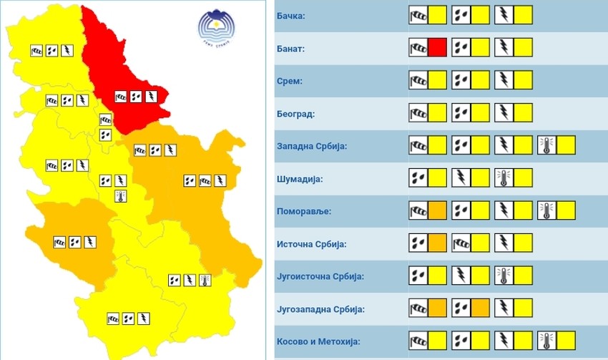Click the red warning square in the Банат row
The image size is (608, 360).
pos(438,48)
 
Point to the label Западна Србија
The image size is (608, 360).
pos(312,147)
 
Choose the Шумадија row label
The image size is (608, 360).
pos(300,179)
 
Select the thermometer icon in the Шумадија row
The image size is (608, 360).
pos(504,178)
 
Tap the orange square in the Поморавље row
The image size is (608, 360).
pos(438,211)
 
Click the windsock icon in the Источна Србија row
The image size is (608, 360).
pos(461,244)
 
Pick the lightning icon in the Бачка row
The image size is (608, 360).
pos(504,15)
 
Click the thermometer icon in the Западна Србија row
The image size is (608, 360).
pos(546,146)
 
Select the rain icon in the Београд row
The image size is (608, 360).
pos(461,113)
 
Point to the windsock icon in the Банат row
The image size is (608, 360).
pos(418,48)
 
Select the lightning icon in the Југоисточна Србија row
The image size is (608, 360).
pos(461,276)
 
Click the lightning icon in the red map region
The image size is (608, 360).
pos(152,96)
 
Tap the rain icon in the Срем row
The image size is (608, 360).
pos(461,80)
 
